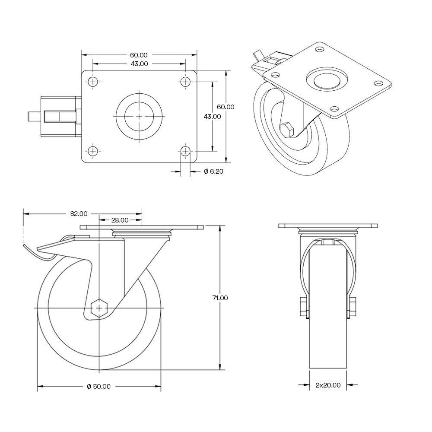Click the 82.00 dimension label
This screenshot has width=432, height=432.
(79, 213)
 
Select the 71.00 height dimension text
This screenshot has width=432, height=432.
(220, 298)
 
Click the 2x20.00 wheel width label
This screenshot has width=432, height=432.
(328, 385)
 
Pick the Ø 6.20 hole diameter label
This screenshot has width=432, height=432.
(213, 172)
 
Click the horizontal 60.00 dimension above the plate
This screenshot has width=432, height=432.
(139, 55)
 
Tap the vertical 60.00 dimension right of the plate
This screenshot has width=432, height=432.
(226, 107)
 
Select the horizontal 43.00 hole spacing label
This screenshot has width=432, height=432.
(139, 64)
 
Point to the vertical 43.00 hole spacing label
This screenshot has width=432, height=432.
(212, 116)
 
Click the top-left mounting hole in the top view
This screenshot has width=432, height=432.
(93, 82)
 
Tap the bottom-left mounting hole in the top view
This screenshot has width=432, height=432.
(93, 151)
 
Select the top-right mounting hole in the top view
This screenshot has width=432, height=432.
(185, 82)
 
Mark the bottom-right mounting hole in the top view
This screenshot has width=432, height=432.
(185, 151)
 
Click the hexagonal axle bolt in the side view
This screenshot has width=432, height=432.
(99, 308)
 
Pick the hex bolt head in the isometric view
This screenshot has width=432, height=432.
(286, 129)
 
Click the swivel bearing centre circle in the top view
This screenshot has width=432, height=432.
(139, 116)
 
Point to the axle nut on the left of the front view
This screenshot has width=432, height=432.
(302, 307)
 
